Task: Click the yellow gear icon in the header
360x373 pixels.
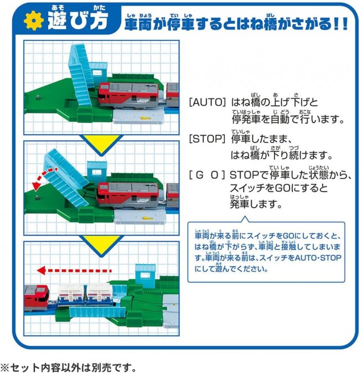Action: (34, 20)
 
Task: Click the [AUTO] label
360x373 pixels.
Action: (207, 103)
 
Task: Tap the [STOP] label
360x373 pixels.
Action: (207, 139)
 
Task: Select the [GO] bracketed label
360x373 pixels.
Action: (207, 175)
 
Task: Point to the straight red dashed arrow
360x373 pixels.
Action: (74, 270)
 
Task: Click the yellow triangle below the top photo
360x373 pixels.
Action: (101, 144)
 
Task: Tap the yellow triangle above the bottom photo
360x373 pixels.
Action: (101, 245)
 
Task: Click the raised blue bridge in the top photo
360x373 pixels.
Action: (80, 76)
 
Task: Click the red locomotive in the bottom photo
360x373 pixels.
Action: (37, 298)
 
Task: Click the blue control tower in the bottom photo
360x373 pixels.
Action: (146, 273)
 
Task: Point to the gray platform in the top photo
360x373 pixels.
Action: (139, 117)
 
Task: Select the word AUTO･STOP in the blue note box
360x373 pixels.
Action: (318, 258)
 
